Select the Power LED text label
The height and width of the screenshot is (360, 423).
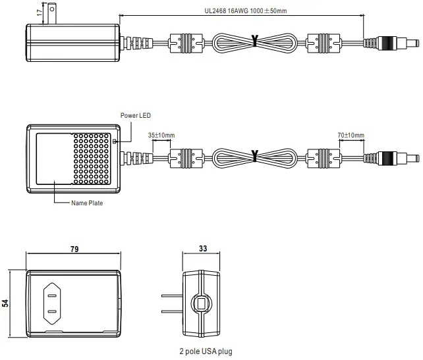135,115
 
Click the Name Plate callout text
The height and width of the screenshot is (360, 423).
87,203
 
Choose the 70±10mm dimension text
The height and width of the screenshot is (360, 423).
351,135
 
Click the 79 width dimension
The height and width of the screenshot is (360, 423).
74,249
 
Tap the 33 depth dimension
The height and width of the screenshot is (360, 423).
202,249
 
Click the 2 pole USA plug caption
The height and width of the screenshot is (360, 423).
206,351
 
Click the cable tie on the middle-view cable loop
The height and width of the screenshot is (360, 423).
254,157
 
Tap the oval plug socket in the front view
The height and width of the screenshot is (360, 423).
52,303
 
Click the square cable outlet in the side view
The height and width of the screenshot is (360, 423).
201,303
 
